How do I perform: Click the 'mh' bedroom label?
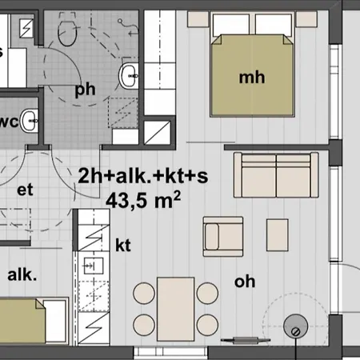[252, 78]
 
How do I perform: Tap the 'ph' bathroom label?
[85, 90]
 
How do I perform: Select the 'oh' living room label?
[245, 282]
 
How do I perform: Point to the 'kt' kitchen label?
[123, 245]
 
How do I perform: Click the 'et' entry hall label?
[25, 190]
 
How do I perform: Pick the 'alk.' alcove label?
[22, 274]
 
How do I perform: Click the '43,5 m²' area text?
[143, 200]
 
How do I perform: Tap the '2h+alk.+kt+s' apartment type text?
[143, 176]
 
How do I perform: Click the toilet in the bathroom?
[67, 33]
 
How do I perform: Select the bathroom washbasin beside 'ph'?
[129, 76]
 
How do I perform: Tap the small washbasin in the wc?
[30, 121]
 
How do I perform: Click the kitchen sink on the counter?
[94, 266]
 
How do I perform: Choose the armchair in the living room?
[223, 237]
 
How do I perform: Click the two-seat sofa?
[276, 175]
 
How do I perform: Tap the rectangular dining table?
[175, 310]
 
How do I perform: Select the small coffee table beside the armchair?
[278, 235]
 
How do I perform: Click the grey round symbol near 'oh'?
[295, 326]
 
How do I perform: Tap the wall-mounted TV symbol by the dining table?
[246, 340]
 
